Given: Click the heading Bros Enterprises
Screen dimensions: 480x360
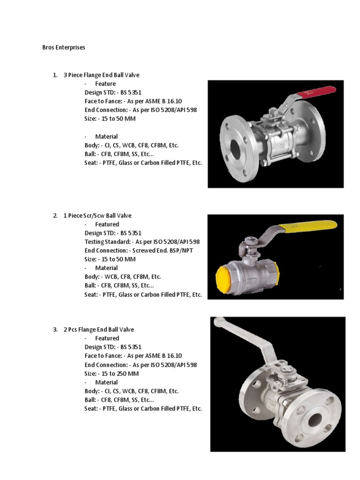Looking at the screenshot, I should point(64,48).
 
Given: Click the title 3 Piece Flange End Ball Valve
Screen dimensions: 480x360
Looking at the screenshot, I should point(101,75).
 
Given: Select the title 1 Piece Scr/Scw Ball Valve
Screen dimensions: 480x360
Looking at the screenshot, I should point(97,216).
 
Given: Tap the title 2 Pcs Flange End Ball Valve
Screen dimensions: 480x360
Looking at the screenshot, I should point(98,330).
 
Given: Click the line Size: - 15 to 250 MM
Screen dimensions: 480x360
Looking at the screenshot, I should point(112,374).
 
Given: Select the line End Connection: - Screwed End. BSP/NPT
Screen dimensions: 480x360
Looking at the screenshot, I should point(138,250).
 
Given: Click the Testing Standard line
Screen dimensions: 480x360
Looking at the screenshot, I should point(142,242).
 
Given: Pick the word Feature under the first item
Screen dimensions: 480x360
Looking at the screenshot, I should point(105,84).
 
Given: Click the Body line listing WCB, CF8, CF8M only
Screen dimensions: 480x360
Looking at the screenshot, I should point(122,277).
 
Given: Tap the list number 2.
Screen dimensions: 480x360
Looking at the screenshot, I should point(55,216).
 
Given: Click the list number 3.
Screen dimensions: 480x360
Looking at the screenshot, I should point(55,330).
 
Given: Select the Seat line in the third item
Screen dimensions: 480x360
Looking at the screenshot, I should point(143,409).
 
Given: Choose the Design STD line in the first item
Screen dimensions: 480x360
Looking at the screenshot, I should point(112,92).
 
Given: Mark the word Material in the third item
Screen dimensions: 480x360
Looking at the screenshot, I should point(107,382).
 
